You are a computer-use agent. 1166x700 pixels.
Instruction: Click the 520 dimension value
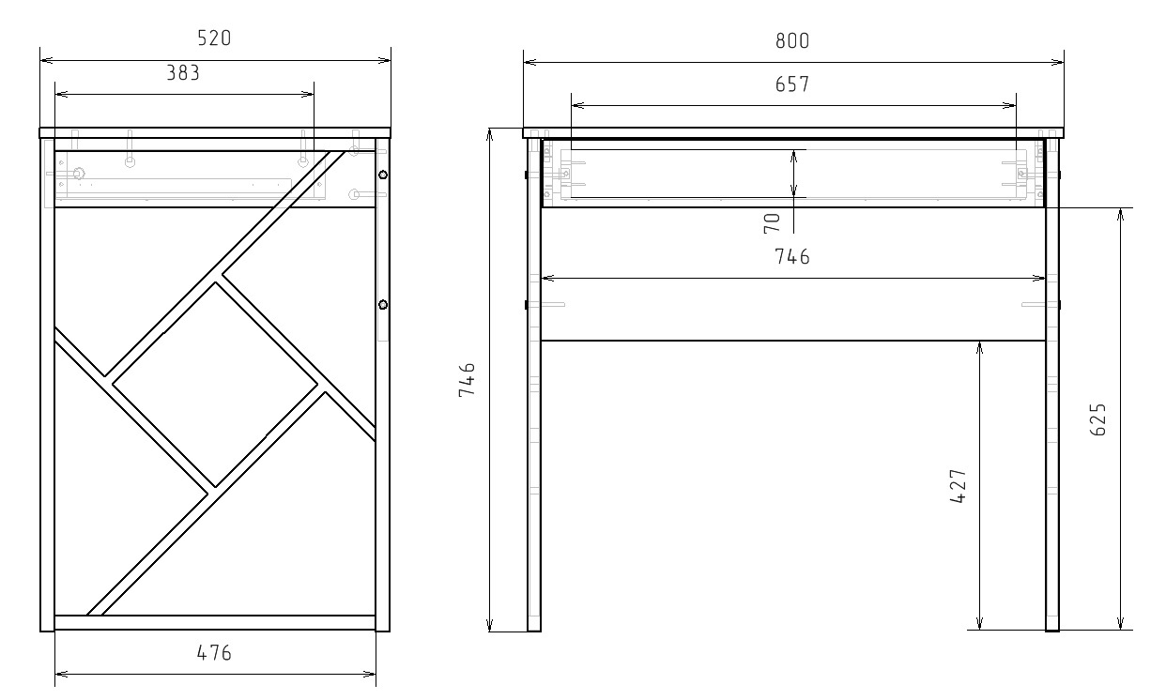[x=214, y=38]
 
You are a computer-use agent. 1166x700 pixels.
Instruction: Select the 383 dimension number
[x=183, y=73]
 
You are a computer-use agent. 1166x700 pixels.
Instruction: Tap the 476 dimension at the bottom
[x=214, y=653]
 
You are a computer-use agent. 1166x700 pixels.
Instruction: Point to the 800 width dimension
[x=792, y=40]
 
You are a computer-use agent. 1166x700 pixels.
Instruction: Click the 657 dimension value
[x=792, y=84]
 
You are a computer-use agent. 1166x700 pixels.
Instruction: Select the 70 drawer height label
[x=772, y=223]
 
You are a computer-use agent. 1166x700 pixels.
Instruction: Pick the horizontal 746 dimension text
[x=792, y=256]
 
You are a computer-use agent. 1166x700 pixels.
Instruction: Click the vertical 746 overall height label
[x=467, y=380]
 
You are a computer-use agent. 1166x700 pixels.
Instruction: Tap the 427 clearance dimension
[x=959, y=486]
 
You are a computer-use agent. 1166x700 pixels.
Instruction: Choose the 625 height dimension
[x=1097, y=419]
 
